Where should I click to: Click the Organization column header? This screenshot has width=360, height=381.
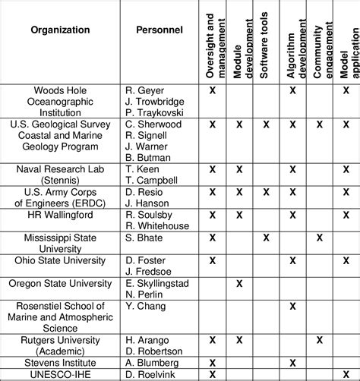click(60, 30)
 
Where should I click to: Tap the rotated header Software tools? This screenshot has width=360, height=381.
click(266, 43)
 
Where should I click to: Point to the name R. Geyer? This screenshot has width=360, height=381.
click(144, 90)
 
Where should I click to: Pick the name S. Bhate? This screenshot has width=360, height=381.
click(144, 238)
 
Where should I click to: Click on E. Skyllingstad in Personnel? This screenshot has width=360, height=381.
click(158, 283)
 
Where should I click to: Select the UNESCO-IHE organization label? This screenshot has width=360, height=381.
click(60, 374)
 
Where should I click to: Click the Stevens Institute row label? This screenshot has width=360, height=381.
click(60, 363)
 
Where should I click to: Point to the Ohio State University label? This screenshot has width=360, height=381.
click(60, 260)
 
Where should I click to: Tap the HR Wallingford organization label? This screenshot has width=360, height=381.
click(60, 215)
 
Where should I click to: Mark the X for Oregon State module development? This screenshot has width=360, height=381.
click(239, 283)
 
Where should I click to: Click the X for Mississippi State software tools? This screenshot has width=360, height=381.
click(266, 238)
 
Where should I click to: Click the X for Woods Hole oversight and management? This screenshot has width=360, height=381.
click(213, 90)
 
